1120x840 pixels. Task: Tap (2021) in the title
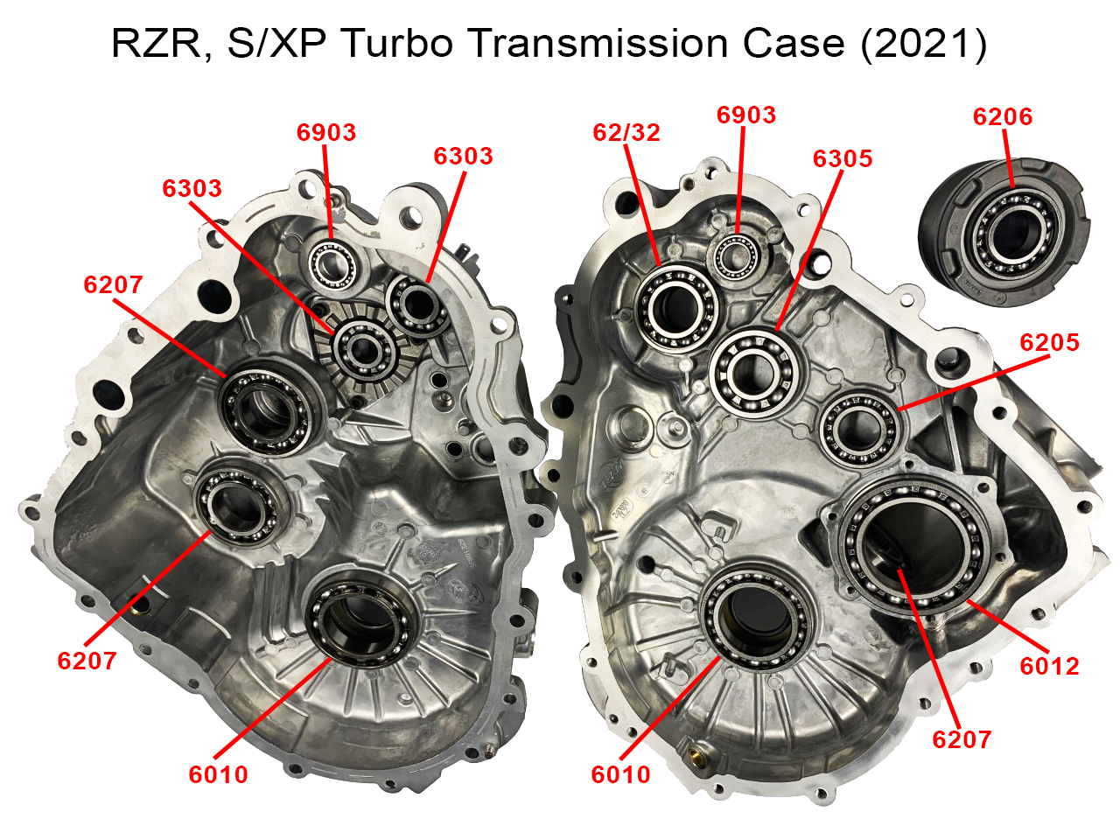pos(924,44)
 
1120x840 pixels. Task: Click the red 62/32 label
pos(626,132)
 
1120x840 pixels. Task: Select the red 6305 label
pos(843,158)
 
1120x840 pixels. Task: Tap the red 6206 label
pos(1003,116)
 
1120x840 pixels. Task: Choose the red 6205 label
pos(1049,342)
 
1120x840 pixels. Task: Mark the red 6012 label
pos(1049,666)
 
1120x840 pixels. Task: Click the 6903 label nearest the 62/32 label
pos(746,115)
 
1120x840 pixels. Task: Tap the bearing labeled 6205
pos(860,427)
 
